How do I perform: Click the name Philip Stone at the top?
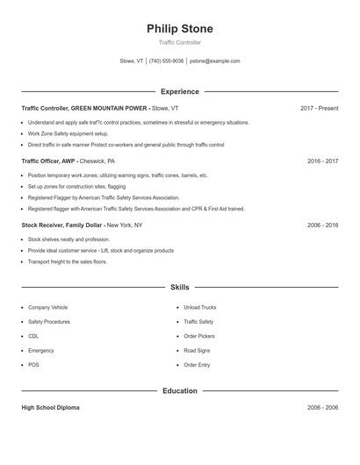pyautogui.click(x=179, y=28)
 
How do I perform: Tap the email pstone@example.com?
pyautogui.click(x=214, y=61)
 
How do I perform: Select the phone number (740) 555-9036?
pyautogui.click(x=166, y=61)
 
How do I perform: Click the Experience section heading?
pyautogui.click(x=179, y=91)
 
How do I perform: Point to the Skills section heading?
pyautogui.click(x=179, y=287)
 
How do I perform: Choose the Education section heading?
pyautogui.click(x=179, y=390)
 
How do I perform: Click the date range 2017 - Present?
pyautogui.click(x=319, y=109)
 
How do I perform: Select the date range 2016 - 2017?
pyautogui.click(x=322, y=161)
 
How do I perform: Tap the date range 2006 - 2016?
pyautogui.click(x=322, y=225)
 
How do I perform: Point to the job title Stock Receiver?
pyautogui.click(x=44, y=225)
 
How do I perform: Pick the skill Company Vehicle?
pyautogui.click(x=47, y=308)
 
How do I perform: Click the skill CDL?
pyautogui.click(x=33, y=336)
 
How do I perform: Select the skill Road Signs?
pyautogui.click(x=197, y=350)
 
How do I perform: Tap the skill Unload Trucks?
pyautogui.click(x=199, y=308)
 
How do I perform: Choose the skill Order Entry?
pyautogui.click(x=197, y=365)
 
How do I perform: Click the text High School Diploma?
pyautogui.click(x=50, y=408)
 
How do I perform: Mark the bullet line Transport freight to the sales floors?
pyautogui.click(x=68, y=261)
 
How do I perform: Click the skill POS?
pyautogui.click(x=33, y=365)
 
